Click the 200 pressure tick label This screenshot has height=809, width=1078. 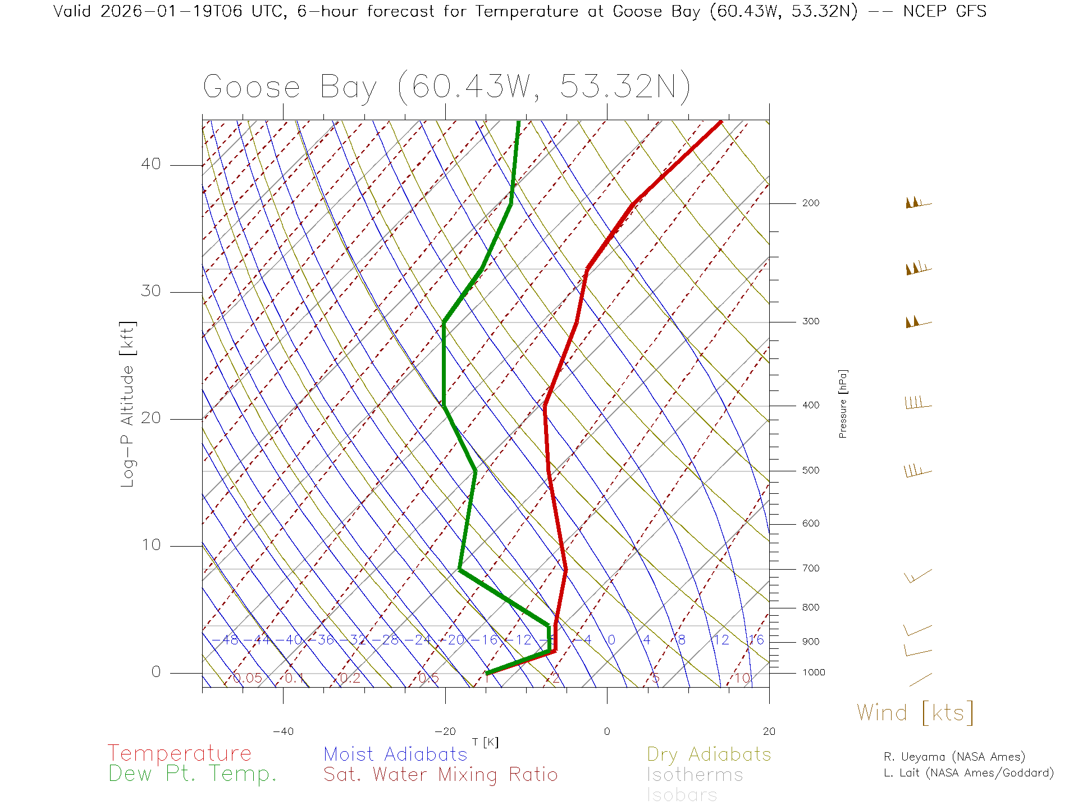point(810,203)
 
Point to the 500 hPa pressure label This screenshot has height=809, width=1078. point(810,471)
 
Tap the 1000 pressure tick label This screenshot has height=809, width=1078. point(814,672)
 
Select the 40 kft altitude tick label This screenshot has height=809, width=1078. point(150,164)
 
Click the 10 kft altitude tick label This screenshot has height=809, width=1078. point(150,545)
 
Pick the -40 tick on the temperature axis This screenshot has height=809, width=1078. point(283,731)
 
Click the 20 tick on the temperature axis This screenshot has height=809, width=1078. point(769,731)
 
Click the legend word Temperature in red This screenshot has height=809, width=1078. point(179,753)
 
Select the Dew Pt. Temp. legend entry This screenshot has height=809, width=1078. point(193,774)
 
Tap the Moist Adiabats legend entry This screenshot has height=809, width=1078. point(395,754)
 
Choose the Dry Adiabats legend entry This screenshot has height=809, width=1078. point(709,754)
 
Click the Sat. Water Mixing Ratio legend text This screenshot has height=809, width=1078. point(440,775)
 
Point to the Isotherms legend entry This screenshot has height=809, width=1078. point(695,775)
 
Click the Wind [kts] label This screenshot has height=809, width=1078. point(915,713)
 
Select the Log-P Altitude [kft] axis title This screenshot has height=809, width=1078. point(128,404)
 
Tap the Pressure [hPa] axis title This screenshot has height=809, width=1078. point(843,403)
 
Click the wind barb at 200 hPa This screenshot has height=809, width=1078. point(917,203)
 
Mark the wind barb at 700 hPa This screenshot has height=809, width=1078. point(918,576)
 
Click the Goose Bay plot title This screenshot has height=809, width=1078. point(446,87)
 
